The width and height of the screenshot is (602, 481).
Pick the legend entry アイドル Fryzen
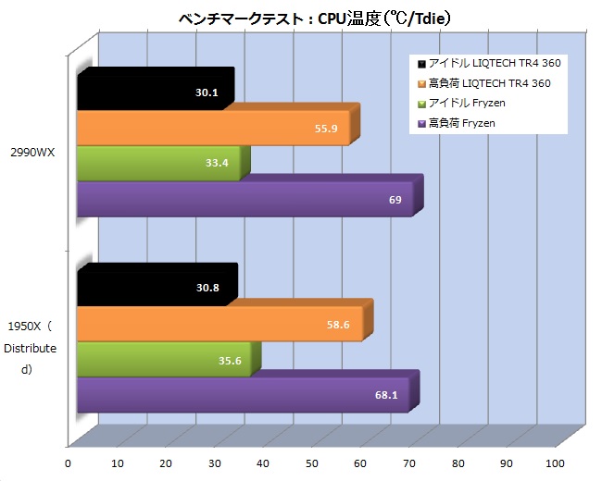coord(472,103)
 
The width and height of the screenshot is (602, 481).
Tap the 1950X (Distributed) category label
coord(31,348)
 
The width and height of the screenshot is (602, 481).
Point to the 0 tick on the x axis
coord(68,463)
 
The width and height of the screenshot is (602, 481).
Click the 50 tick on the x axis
coord(312,463)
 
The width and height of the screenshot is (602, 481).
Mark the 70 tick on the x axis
coord(409,463)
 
